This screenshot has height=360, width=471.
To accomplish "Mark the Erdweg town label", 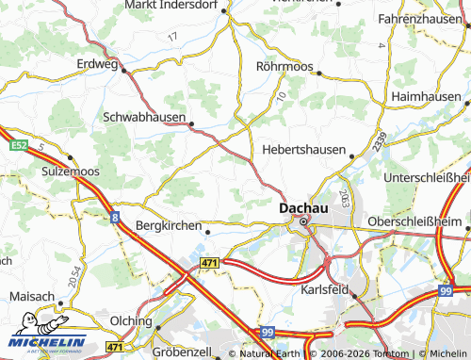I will [x=97, y=66].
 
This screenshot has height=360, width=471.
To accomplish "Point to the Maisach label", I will [x=32, y=296].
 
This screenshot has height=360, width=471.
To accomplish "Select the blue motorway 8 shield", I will [x=115, y=217].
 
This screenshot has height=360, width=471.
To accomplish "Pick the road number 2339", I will [x=378, y=139].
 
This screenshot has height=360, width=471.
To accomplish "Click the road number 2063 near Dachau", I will [x=342, y=197].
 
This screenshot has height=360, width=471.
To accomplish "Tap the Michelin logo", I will [x=43, y=341].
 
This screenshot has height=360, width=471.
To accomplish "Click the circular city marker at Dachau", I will [x=303, y=222].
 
